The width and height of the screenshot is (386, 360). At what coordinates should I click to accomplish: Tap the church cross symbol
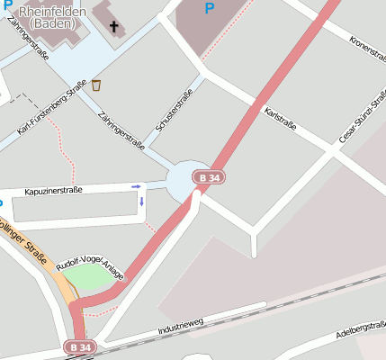(x=114, y=27)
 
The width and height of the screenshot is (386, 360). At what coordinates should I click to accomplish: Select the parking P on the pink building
(x=210, y=9)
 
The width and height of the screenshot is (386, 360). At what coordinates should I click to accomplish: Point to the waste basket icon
(x=96, y=85)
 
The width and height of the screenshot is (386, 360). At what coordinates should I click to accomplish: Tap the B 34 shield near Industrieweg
(x=79, y=346)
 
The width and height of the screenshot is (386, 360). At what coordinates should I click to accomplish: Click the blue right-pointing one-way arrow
(x=137, y=186)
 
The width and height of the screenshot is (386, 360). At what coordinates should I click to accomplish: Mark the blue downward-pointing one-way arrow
(x=141, y=200)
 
